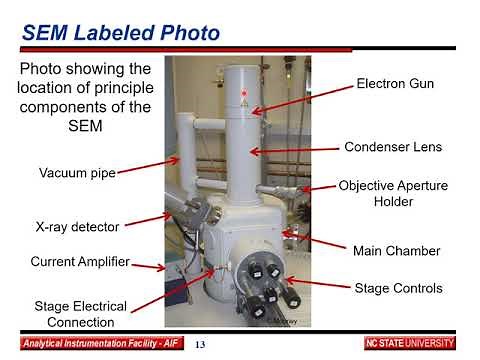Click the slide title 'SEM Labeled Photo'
click(x=121, y=34)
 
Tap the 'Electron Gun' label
click(x=394, y=84)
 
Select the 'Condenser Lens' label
click(x=393, y=147)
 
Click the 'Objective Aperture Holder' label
click(x=393, y=194)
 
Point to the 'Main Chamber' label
click(x=397, y=250)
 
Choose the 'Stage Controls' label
click(x=398, y=288)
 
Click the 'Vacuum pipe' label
click(x=78, y=173)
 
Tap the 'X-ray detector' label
click(x=77, y=227)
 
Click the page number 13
click(x=200, y=345)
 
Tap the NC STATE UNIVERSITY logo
click(x=409, y=344)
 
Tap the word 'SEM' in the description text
click(x=86, y=129)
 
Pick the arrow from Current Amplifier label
click(x=150, y=266)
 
